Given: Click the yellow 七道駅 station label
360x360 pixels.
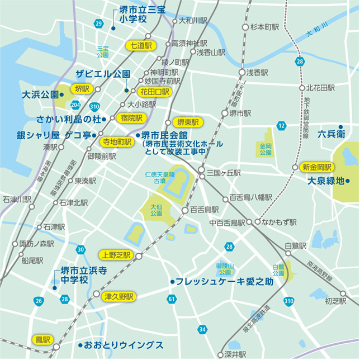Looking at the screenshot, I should (x=141, y=46).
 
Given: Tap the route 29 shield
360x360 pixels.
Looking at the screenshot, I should (x=99, y=23).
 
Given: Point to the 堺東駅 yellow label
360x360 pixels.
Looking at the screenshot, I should (x=187, y=122).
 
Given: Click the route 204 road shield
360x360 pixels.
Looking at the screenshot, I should (x=76, y=105).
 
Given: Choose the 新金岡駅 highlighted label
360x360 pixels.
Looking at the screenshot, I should (x=317, y=167).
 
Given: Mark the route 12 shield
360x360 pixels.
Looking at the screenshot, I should (x=282, y=125).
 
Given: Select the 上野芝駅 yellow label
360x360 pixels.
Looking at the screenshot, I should (x=116, y=255).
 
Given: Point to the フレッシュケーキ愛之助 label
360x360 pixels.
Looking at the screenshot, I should (x=225, y=281).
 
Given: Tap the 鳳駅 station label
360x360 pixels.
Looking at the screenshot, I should (x=42, y=339).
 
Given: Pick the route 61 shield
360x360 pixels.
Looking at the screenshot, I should (x=171, y=300).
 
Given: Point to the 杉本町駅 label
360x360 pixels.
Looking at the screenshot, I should (x=264, y=26).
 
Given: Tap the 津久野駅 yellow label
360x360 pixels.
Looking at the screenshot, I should (x=119, y=296).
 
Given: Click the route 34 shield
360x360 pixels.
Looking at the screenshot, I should (x=202, y=329).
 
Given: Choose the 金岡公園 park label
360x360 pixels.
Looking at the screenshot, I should (x=265, y=149).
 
